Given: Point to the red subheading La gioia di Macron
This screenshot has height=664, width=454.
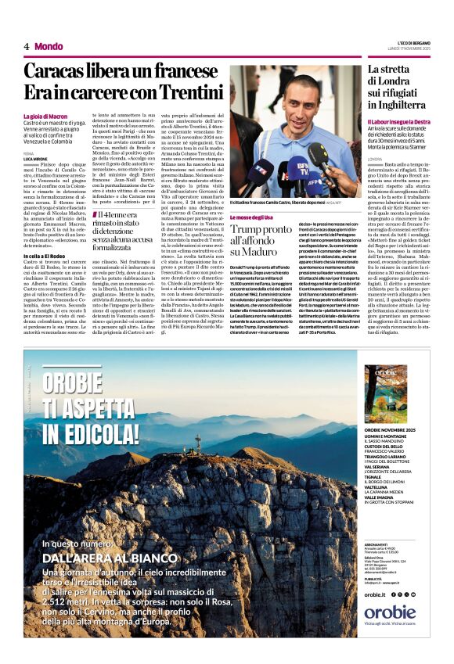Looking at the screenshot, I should [49, 117].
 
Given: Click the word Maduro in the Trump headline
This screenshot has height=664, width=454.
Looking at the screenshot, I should [259, 253].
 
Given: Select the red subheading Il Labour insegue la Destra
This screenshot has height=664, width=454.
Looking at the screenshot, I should [399, 122].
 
